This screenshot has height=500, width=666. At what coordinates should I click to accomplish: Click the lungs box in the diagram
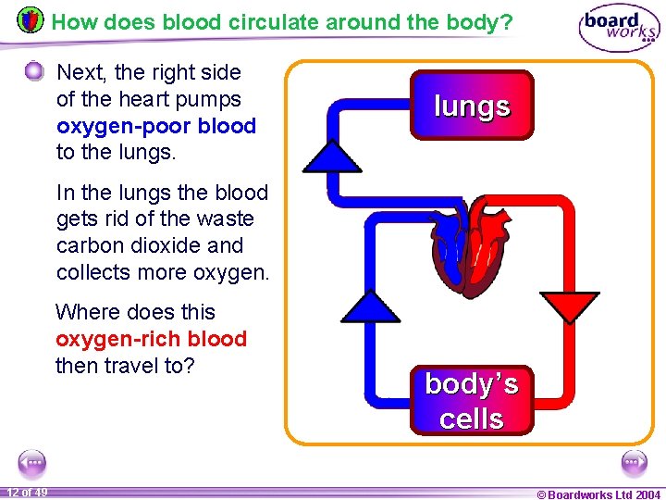(472, 106)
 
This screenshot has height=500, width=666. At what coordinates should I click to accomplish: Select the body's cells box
(472, 400)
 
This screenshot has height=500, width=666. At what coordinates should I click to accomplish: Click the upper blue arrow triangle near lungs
(333, 157)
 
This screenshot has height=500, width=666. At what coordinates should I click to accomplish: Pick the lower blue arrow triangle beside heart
(371, 307)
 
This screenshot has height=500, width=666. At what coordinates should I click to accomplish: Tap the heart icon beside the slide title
(30, 19)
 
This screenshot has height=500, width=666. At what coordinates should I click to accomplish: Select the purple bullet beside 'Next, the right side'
(34, 72)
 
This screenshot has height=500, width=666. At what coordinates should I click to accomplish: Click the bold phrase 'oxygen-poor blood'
(155, 126)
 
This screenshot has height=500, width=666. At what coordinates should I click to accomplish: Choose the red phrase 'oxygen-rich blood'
(151, 339)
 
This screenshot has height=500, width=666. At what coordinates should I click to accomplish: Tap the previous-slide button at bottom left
(31, 461)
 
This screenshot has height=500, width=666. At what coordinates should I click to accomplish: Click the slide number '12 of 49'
(28, 492)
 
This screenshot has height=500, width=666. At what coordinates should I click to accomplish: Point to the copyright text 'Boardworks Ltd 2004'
(603, 494)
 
